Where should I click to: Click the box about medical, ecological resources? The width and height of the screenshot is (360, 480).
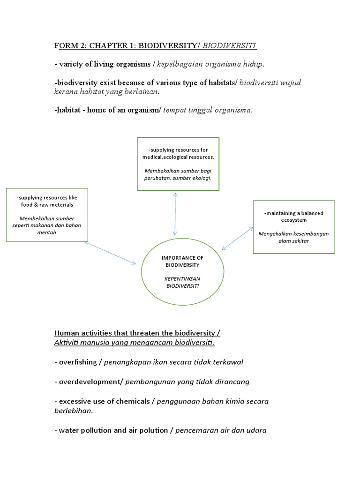178,164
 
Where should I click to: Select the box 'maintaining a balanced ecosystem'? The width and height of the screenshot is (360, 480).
294,226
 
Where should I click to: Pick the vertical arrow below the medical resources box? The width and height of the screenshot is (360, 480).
175,213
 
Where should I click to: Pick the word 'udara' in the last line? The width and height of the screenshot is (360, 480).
256,430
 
